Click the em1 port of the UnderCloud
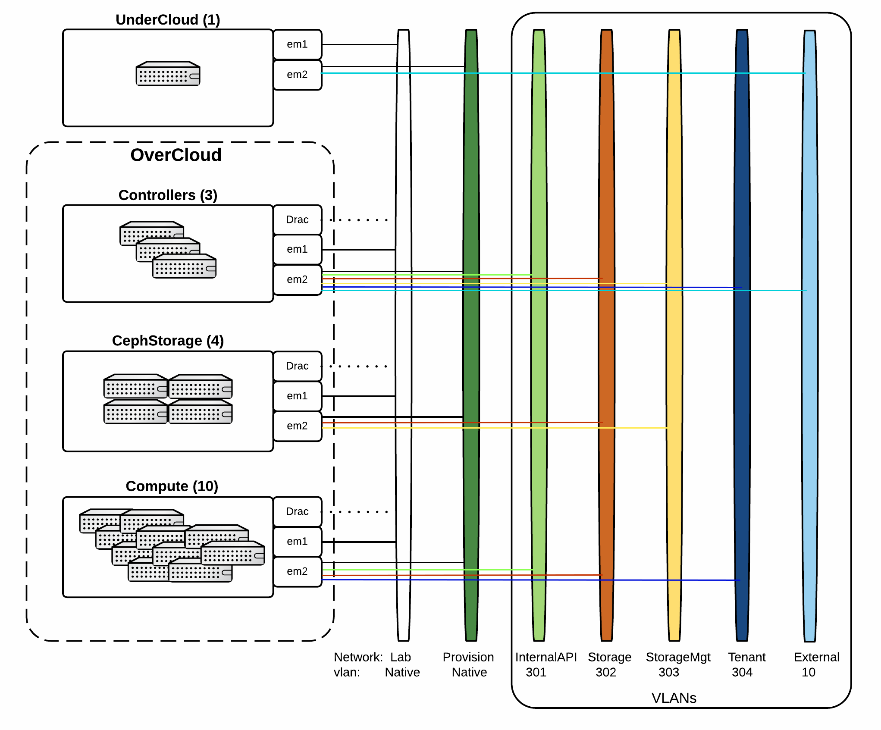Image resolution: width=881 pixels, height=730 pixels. (297, 44)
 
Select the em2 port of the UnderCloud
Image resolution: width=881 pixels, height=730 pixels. (297, 75)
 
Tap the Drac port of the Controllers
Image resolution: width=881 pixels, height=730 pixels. (297, 219)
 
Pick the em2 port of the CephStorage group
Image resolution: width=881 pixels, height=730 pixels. (297, 426)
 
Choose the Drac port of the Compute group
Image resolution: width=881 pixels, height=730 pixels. (297, 511)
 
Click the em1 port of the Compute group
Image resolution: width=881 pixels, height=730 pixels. (297, 542)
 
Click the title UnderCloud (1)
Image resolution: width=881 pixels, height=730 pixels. (168, 20)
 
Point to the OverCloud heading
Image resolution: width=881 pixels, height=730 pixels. (176, 155)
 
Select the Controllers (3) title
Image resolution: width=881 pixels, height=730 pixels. (168, 195)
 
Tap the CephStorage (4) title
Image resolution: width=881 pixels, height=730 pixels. (168, 341)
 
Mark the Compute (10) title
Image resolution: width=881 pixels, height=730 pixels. (172, 486)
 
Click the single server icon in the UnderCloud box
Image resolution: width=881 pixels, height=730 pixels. (168, 74)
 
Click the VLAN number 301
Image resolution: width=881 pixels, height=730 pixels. (536, 672)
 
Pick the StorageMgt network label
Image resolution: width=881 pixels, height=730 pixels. (678, 657)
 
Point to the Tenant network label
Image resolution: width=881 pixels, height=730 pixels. (747, 657)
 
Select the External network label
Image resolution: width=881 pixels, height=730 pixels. (816, 657)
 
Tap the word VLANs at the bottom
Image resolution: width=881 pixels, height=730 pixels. (674, 698)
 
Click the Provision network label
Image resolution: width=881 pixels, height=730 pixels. (468, 657)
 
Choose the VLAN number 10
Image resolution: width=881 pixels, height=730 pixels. (808, 672)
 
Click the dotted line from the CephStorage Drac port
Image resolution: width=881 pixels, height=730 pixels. (358, 367)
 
